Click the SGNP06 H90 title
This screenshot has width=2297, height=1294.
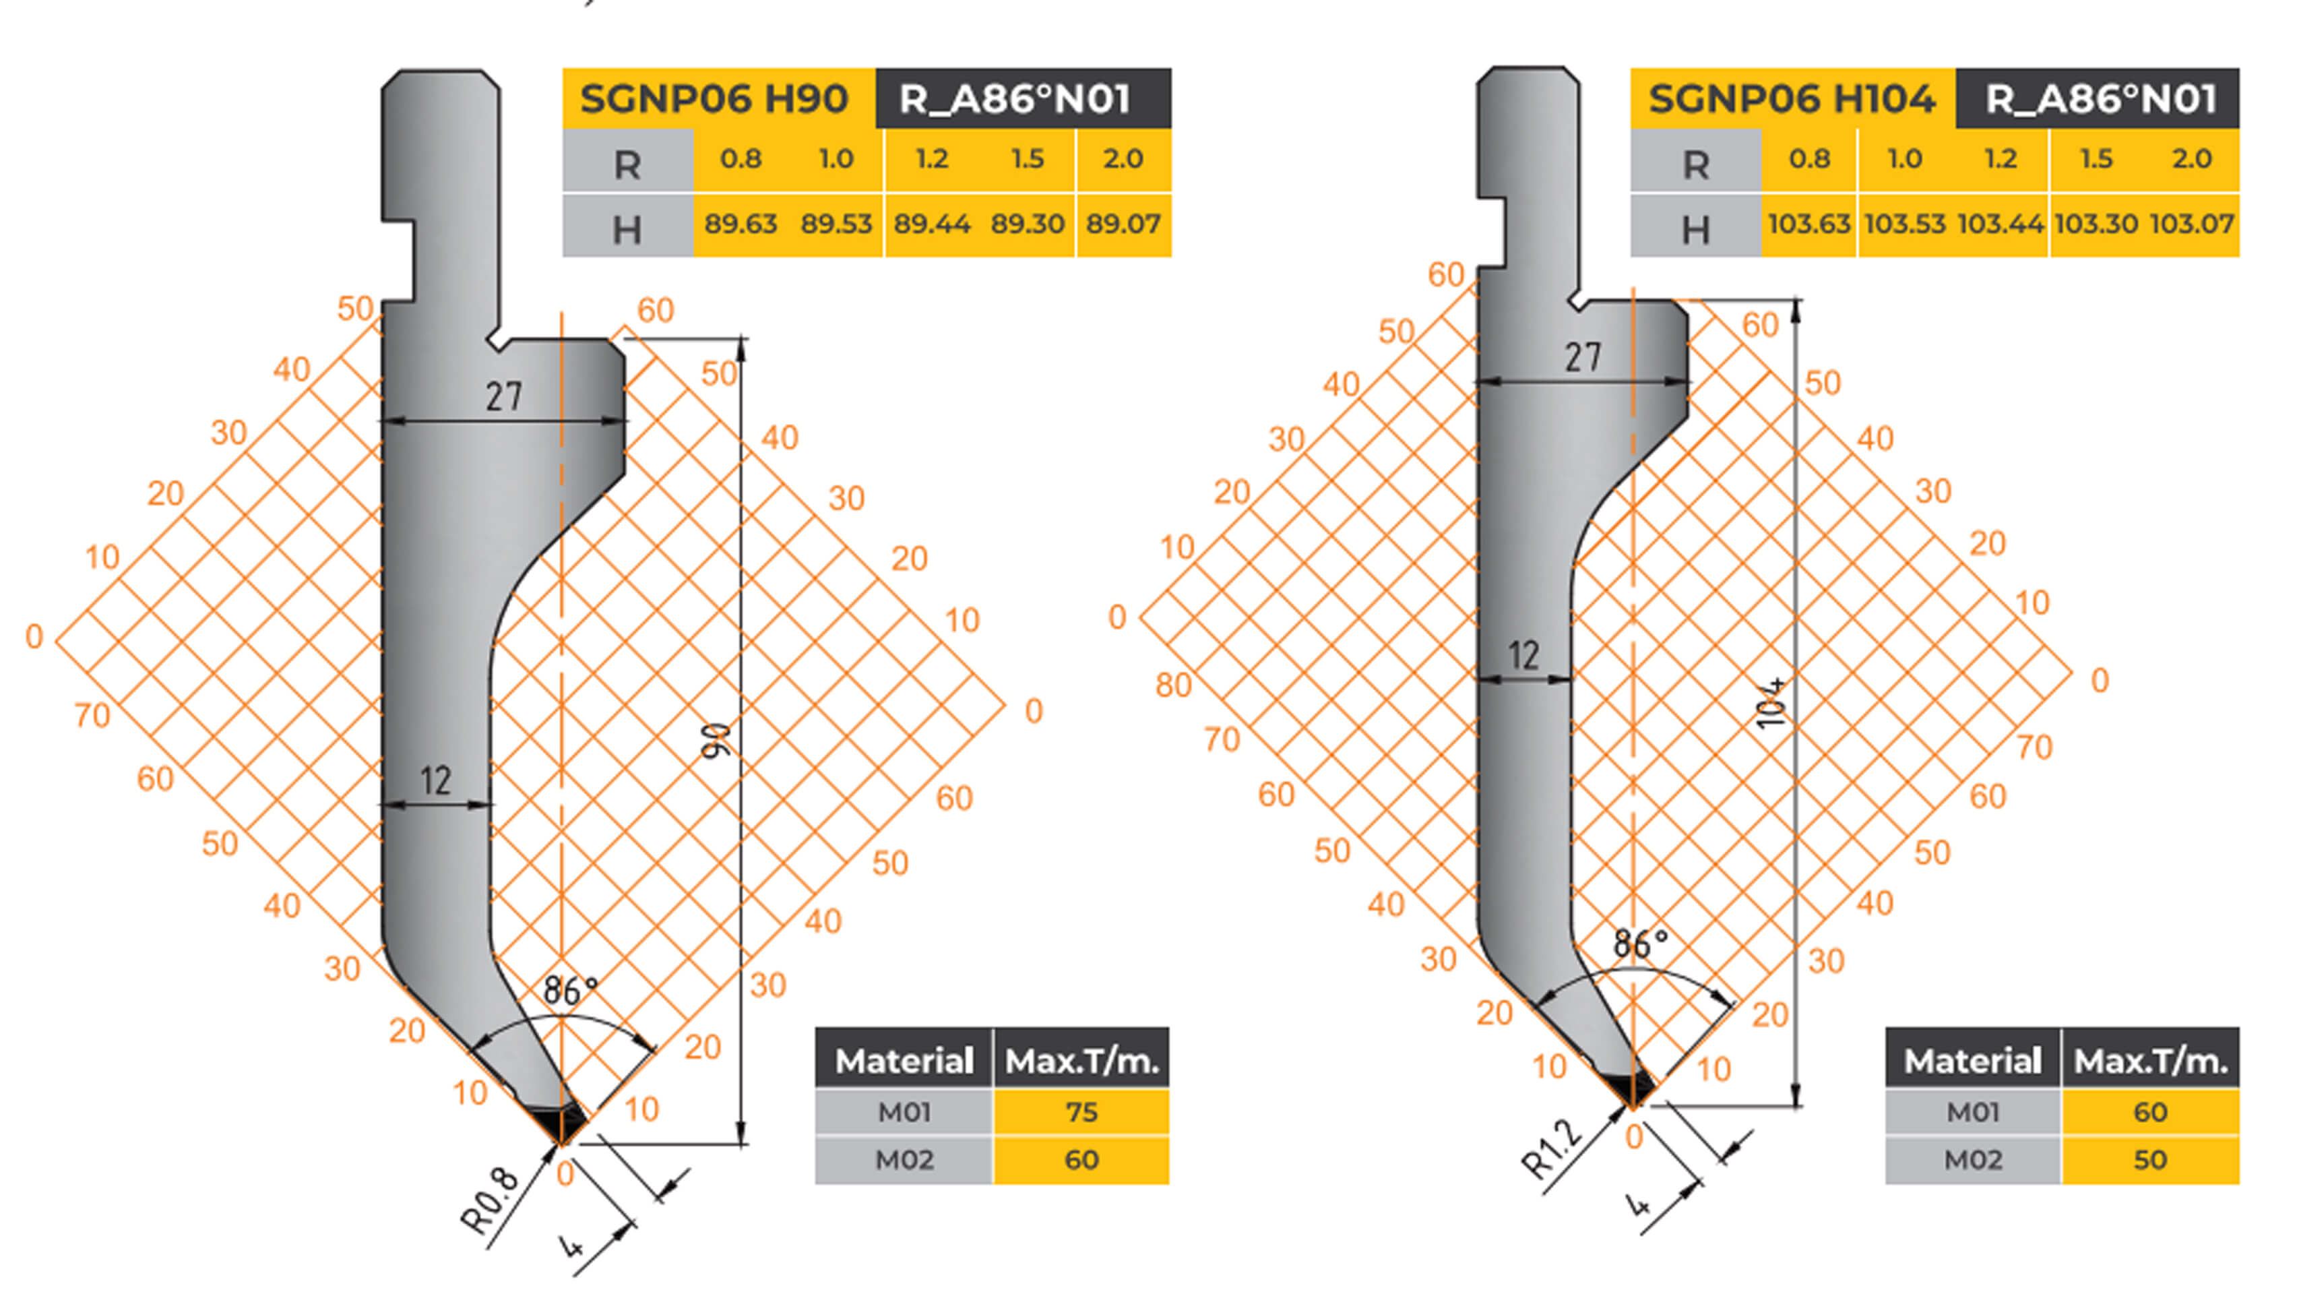pos(714,98)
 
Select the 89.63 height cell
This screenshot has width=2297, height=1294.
pos(740,224)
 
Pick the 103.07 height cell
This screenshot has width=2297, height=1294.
pos(2192,224)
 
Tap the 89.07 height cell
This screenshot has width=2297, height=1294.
pos(1123,224)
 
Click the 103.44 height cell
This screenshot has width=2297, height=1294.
pos(2000,224)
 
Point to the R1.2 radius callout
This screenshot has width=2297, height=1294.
pos(1552,1148)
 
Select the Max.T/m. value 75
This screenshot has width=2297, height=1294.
pos(1081,1112)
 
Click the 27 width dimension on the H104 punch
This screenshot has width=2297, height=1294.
pos(1583,358)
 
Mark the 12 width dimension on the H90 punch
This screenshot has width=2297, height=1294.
pos(436,781)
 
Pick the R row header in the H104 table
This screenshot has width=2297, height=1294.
pos(1695,164)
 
